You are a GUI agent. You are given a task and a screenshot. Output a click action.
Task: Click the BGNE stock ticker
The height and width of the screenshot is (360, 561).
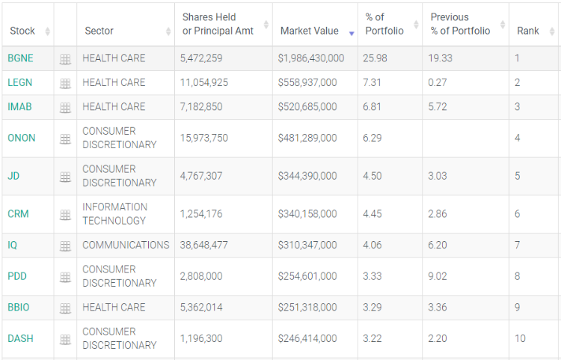click(20, 58)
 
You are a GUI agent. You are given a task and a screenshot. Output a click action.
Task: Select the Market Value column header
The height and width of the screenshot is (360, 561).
click(309, 31)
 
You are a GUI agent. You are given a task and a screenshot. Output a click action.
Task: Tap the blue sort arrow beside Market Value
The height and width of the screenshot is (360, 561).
click(352, 33)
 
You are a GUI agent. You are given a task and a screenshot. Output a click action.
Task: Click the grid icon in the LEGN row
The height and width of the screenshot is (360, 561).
click(65, 83)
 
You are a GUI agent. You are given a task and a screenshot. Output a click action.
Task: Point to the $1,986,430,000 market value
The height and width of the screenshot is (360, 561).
click(310, 58)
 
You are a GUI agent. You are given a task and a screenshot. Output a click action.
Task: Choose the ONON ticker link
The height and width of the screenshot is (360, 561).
click(21, 138)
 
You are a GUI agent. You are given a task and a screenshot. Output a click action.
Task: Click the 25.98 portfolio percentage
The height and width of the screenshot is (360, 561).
click(375, 58)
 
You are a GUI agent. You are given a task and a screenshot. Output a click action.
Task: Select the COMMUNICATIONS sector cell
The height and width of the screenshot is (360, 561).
click(126, 245)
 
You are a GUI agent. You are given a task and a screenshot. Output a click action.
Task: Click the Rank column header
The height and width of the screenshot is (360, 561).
click(528, 31)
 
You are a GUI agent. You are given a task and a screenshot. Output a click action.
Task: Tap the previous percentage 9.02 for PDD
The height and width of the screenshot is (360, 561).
click(438, 277)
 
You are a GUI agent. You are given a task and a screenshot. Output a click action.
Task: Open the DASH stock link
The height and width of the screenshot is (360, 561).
click(20, 339)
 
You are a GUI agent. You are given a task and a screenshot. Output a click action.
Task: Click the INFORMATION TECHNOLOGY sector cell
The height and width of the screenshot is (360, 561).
click(114, 214)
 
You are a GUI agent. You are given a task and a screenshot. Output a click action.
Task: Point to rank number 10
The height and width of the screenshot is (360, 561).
click(520, 339)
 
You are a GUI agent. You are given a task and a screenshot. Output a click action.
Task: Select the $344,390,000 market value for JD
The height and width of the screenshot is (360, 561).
click(307, 177)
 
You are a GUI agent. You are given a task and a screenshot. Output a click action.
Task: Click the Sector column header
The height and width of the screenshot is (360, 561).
click(99, 31)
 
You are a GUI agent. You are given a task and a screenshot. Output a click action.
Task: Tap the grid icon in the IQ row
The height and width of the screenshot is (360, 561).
click(65, 246)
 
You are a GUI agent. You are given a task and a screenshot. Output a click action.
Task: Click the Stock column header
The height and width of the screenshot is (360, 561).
click(22, 31)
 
